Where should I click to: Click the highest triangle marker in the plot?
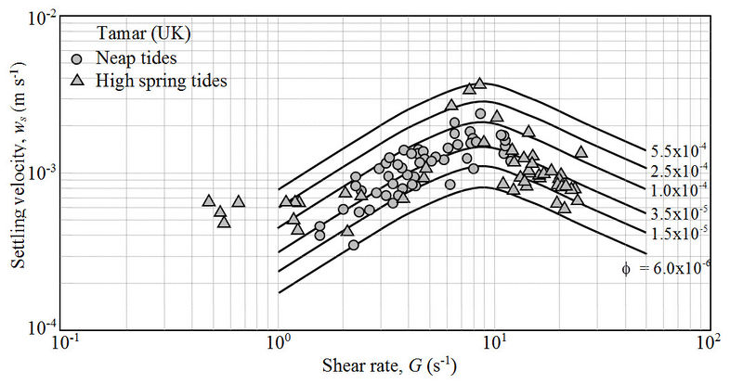(480, 83)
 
